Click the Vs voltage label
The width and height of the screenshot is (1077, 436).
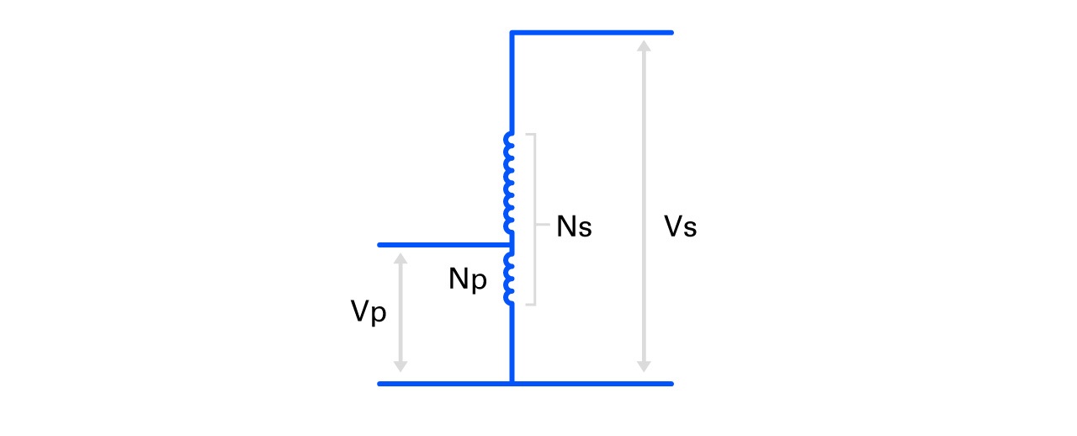tap(680, 227)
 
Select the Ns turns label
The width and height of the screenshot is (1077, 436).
tap(574, 227)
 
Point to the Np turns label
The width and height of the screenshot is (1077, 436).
tap(468, 279)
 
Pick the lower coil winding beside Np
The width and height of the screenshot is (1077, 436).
tap(508, 278)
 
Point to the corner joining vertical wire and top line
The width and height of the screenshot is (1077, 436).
tap(512, 33)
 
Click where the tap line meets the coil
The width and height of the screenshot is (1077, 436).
tap(511, 245)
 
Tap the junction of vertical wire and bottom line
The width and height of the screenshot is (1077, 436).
tap(512, 384)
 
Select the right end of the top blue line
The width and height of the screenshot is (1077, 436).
tap(671, 33)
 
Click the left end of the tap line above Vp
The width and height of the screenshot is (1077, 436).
tap(380, 245)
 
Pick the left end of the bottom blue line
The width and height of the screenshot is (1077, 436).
tap(380, 384)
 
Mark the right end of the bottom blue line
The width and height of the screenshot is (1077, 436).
tap(671, 384)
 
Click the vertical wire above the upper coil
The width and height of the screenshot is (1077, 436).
tap(512, 84)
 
